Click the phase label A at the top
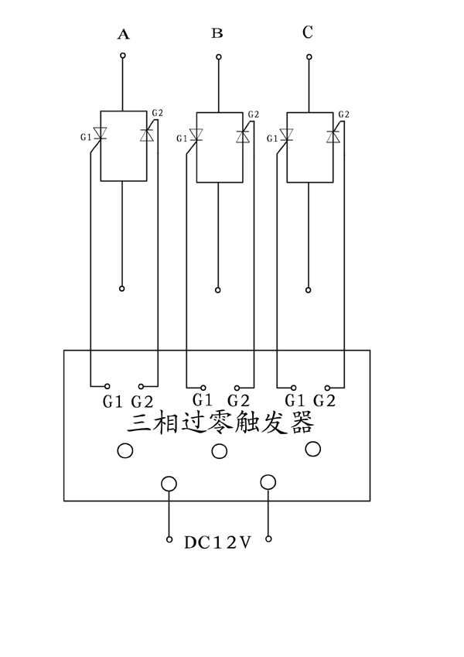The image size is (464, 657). [123, 34]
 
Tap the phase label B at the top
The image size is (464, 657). [217, 33]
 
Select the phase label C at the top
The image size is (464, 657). [308, 33]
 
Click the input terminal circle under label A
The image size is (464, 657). [122, 56]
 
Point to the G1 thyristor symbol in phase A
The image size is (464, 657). [100, 134]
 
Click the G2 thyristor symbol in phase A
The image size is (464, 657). [146, 134]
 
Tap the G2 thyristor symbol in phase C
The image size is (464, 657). [333, 135]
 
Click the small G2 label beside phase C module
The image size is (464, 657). [343, 115]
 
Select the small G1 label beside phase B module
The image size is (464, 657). [182, 139]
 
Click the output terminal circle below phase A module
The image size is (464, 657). [122, 288]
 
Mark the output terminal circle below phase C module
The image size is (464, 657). [308, 289]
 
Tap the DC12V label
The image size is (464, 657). [218, 542]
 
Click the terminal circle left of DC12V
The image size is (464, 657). [169, 539]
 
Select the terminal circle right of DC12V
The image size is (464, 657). [268, 539]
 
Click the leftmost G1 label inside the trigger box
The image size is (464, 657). [113, 402]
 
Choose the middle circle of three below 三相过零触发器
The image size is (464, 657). [220, 451]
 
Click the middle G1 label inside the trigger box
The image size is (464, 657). [203, 400]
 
